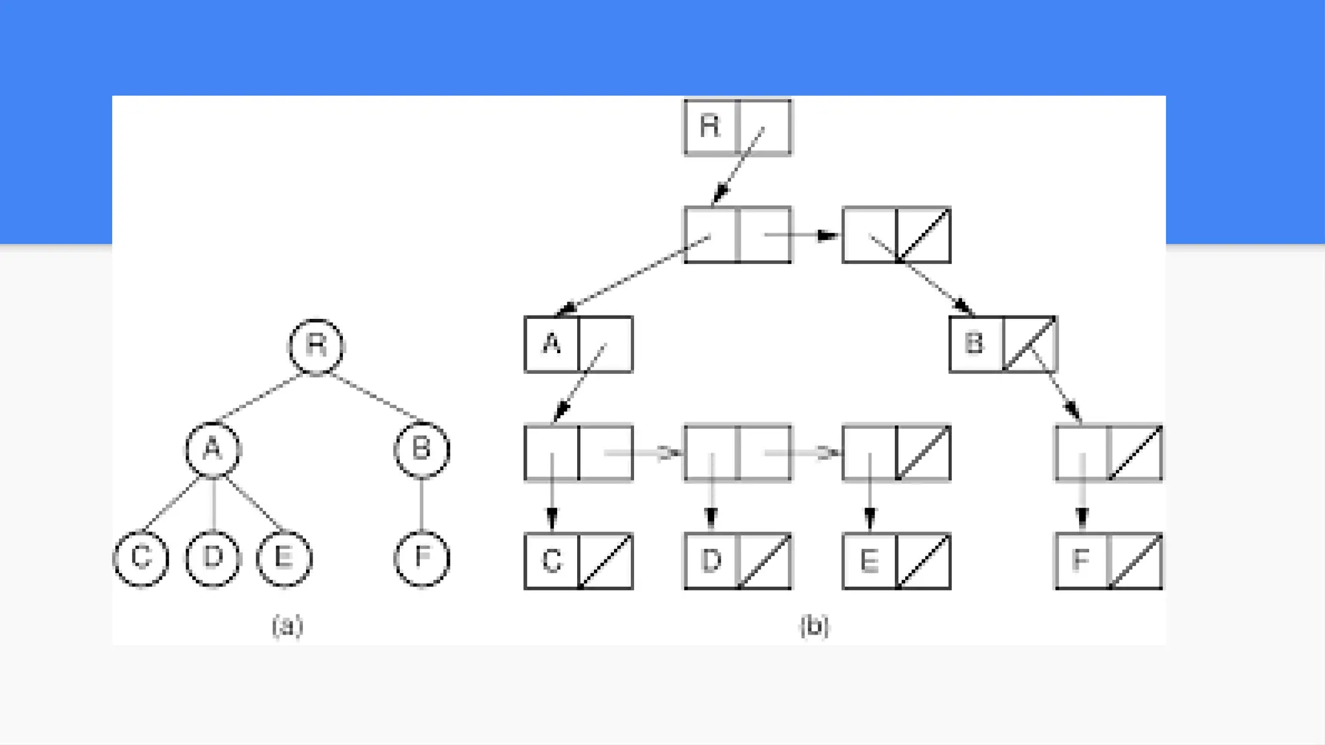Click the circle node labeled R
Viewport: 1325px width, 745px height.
pos(316,347)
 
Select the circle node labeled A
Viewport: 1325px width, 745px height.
pos(213,449)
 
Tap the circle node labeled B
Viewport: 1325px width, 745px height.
pos(422,449)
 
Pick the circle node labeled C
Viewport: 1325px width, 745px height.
pos(141,558)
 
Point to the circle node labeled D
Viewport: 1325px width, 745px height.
pos(213,558)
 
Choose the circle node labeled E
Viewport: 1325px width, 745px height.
pos(284,558)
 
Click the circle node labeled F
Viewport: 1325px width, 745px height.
pos(422,558)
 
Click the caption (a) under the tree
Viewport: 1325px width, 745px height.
pos(287,626)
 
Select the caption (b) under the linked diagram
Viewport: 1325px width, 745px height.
pos(814,626)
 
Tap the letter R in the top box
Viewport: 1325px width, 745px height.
pos(710,126)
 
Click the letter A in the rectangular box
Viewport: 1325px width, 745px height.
pos(551,343)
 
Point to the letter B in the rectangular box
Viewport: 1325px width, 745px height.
pos(974,343)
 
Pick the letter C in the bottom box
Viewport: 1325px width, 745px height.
pos(551,561)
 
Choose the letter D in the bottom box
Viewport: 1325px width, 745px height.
pos(710,561)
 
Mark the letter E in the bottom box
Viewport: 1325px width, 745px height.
pos(869,561)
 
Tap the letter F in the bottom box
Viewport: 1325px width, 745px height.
pos(1080,561)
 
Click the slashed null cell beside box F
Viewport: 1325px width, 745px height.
pos(1135,561)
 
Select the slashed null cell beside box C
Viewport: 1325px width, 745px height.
pos(606,561)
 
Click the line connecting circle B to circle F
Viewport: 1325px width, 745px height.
pos(422,504)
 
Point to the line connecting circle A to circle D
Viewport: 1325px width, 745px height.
pos(213,504)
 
